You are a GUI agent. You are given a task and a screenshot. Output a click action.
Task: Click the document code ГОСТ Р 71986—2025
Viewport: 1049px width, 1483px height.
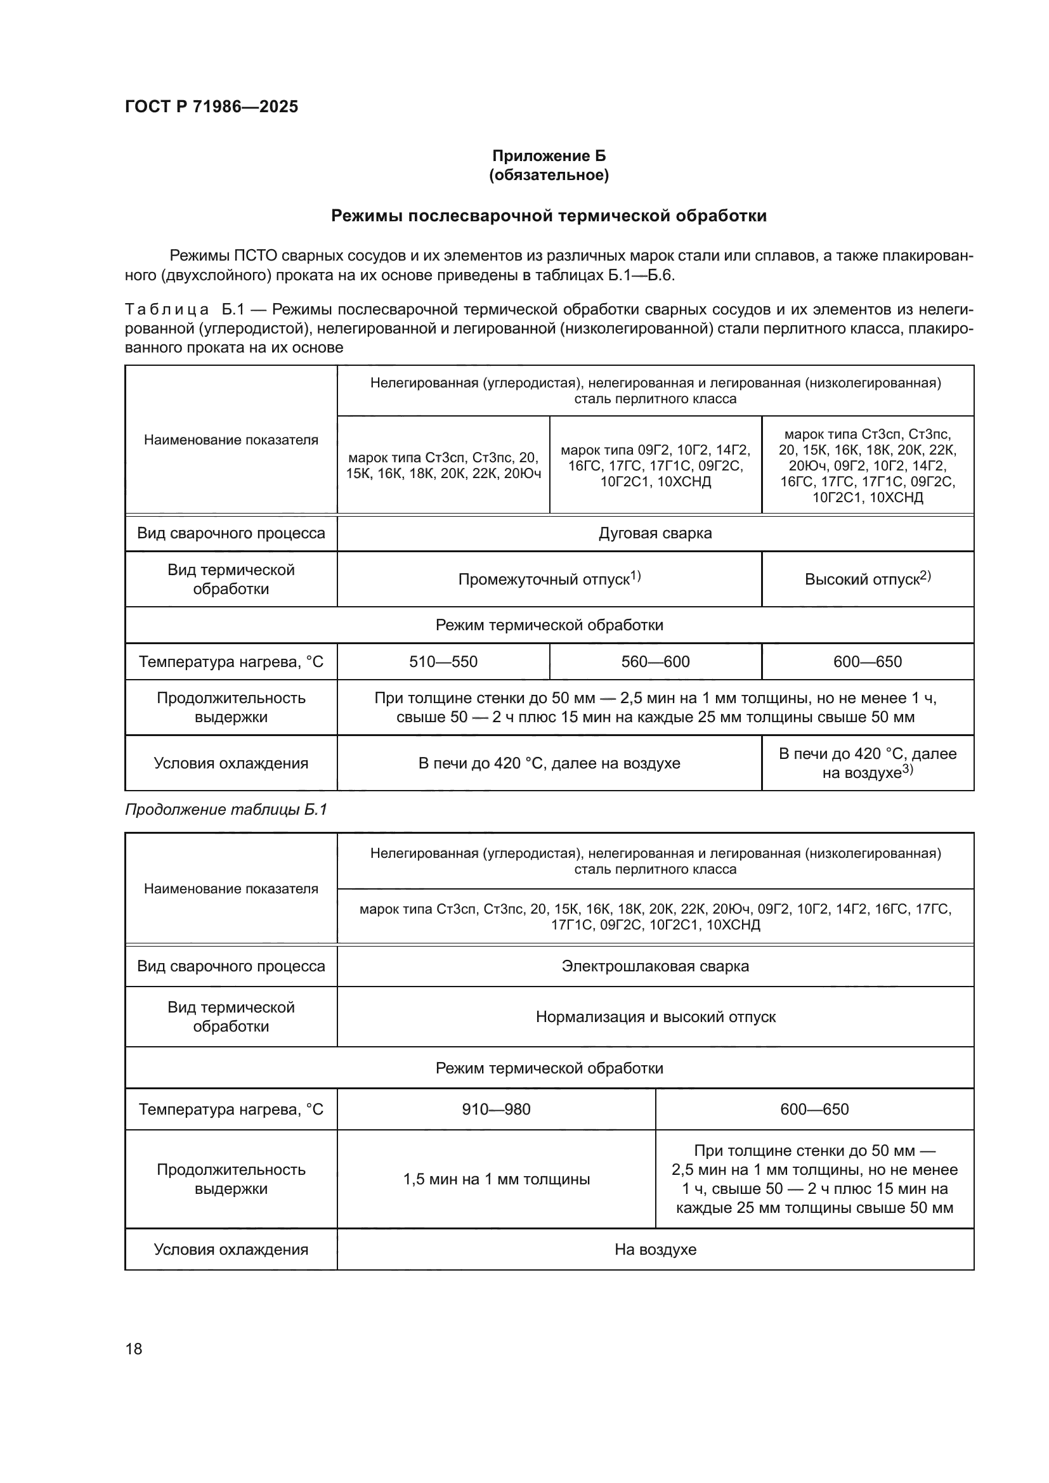(211, 107)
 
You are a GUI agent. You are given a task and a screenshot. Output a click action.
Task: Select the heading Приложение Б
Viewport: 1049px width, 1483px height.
(549, 156)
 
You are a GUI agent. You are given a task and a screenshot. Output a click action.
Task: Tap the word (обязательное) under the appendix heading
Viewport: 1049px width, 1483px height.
(549, 175)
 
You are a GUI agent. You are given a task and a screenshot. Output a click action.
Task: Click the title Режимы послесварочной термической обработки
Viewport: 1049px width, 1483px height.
(549, 216)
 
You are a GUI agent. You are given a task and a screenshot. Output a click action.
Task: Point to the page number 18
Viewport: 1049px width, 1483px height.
(134, 1349)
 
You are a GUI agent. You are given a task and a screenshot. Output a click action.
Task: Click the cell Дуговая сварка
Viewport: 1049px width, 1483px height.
(655, 533)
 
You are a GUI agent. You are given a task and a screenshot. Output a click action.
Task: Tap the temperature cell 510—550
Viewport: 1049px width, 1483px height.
(443, 661)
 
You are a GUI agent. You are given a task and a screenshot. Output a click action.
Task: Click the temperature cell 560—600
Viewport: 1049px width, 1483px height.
(655, 661)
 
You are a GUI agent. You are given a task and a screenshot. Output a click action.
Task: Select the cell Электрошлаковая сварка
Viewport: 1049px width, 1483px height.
(655, 966)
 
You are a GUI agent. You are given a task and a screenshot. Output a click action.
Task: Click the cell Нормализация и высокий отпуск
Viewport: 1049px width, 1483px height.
(655, 1016)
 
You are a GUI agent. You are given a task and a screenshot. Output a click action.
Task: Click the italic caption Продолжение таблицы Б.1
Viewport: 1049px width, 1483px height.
(226, 810)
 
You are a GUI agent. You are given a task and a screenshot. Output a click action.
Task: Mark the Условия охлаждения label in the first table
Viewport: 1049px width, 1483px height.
(231, 763)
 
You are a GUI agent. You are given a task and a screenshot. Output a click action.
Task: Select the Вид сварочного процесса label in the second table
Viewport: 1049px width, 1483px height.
(231, 966)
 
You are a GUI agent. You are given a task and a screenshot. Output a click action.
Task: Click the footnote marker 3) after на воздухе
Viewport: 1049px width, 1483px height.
(908, 769)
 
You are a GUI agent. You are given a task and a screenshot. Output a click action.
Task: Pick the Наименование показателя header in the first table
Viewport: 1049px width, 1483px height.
(231, 440)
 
